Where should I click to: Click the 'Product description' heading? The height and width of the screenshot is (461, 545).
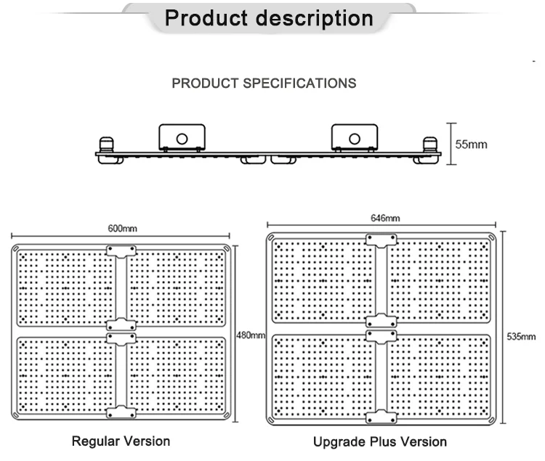269,18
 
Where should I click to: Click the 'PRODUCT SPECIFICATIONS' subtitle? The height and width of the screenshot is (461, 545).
264,83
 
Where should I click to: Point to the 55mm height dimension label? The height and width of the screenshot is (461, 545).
471,144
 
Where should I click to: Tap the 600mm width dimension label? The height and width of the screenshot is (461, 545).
121,229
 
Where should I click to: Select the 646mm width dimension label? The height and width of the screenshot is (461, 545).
384,218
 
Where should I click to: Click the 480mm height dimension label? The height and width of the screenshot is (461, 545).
251,335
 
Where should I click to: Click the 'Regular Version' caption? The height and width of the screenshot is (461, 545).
121,441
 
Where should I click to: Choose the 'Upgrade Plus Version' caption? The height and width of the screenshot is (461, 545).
380,441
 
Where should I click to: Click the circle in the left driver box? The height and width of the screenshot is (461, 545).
182,138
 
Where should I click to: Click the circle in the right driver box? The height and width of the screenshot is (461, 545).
355,138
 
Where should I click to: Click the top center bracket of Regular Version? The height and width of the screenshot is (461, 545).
121,251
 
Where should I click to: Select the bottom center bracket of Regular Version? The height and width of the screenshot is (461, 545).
121,412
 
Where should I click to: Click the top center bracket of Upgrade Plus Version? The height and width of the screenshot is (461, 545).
381,240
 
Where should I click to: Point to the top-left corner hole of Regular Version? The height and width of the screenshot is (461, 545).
16,250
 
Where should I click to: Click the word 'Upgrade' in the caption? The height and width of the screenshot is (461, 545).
337,441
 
